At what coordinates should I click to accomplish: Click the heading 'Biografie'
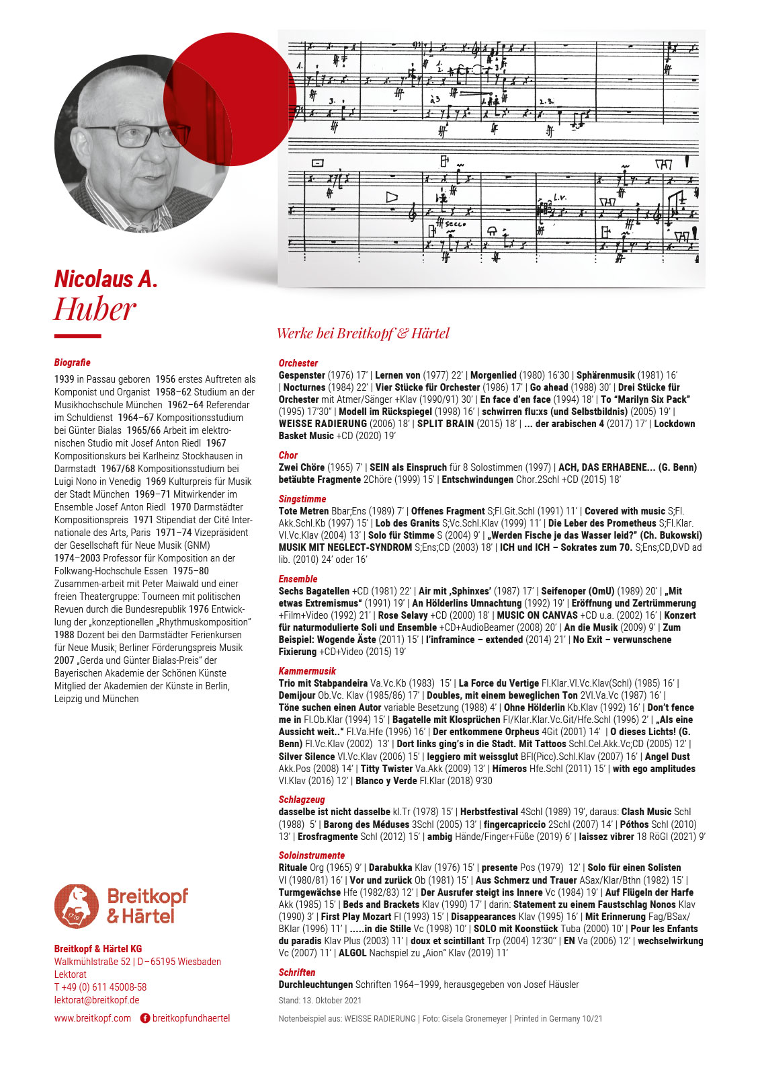click(x=72, y=362)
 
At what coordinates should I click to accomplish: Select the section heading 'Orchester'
click(x=298, y=363)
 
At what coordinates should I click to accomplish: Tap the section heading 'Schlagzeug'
click(x=302, y=800)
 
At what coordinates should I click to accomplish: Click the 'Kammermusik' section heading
click(x=307, y=671)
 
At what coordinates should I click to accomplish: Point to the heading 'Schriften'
click(x=297, y=972)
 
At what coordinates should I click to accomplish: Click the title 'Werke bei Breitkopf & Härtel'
click(x=363, y=333)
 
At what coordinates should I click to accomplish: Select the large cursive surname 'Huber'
click(x=95, y=310)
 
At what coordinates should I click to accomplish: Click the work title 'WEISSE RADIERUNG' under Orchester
click(x=323, y=424)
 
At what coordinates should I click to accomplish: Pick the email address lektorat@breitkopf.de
click(x=97, y=1000)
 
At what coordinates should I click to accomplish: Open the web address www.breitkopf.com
click(x=93, y=1018)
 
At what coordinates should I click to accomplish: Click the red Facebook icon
click(x=144, y=1018)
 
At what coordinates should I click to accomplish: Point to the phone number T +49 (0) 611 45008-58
click(x=100, y=987)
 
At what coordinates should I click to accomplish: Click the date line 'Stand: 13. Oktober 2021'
click(x=320, y=1001)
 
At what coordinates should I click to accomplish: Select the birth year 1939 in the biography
click(x=65, y=379)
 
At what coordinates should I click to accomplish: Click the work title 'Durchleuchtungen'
click(x=316, y=985)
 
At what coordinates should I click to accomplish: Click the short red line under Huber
click(x=77, y=336)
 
